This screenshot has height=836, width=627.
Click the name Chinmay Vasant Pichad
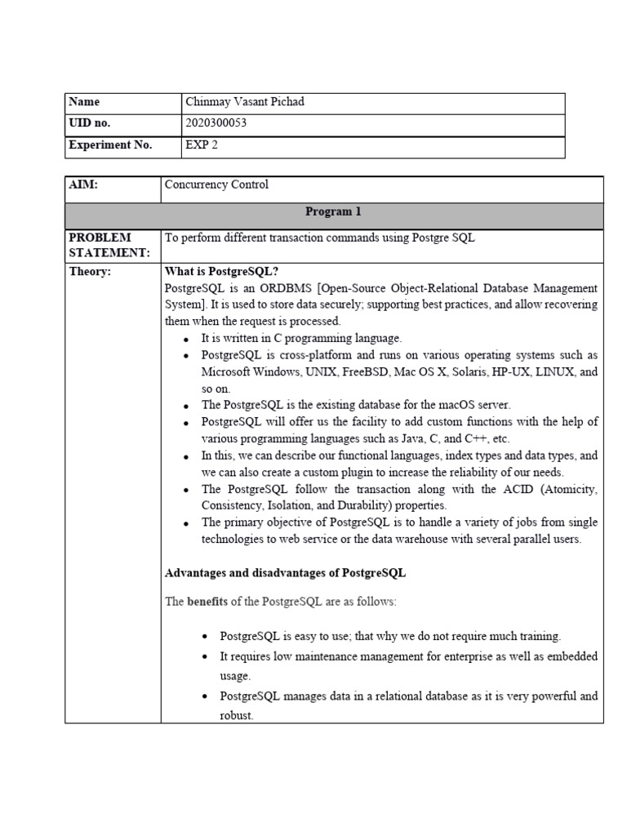[x=245, y=102]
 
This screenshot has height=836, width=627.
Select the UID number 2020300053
[x=216, y=123]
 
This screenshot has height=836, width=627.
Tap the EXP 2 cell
[x=202, y=145]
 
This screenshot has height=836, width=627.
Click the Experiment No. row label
[x=110, y=145]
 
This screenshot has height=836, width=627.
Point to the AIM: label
[x=84, y=185]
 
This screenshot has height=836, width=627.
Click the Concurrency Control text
[x=216, y=185]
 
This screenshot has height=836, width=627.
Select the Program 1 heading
[x=333, y=212]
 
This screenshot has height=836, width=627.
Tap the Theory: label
[x=90, y=272]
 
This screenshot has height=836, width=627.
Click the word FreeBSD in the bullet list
[x=351, y=371]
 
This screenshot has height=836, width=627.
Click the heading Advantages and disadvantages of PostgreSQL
[x=285, y=573]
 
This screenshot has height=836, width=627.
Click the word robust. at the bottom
[x=237, y=715]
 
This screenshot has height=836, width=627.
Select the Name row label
[x=84, y=102]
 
